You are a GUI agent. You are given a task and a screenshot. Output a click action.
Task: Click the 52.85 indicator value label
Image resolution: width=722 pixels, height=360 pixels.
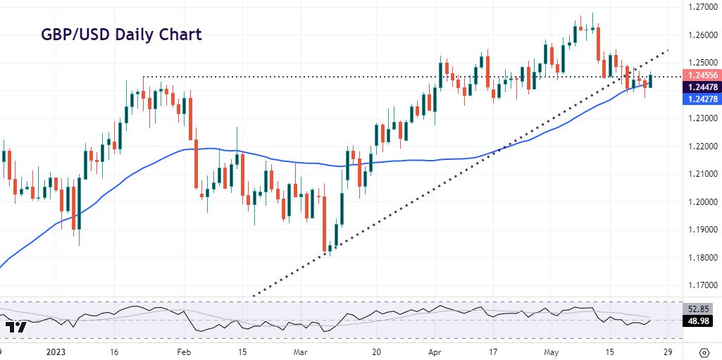coord(702,308)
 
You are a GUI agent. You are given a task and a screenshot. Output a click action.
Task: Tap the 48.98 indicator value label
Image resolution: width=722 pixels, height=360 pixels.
coord(702,321)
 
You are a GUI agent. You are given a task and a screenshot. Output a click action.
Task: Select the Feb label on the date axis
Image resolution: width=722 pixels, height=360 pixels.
coord(183,352)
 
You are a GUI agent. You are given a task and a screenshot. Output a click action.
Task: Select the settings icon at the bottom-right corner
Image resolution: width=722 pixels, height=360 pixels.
coord(704,352)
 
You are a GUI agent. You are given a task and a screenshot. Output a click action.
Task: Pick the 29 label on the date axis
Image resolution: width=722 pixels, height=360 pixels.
coord(667,352)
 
